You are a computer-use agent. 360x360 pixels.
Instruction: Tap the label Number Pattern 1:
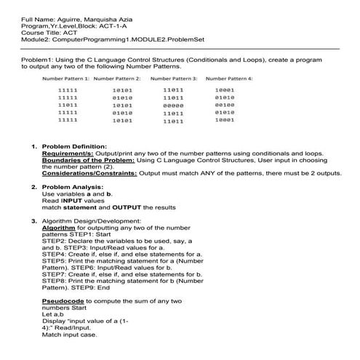[x=65, y=77]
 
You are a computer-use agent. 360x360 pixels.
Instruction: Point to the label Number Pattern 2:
[x=117, y=77]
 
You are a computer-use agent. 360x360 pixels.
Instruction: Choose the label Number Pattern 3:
[x=174, y=77]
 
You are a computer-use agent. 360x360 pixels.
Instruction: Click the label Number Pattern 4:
[x=229, y=77]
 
